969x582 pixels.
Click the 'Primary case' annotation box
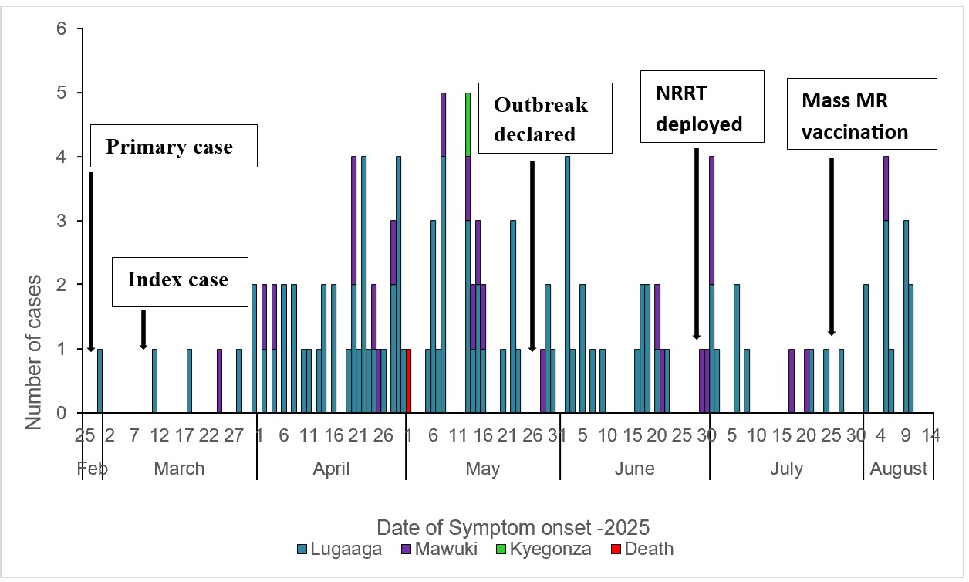(174, 147)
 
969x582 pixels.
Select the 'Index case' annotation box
(178, 279)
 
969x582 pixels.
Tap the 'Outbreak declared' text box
(545, 119)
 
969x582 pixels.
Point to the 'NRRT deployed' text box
(702, 107)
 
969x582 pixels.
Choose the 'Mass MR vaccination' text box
(862, 113)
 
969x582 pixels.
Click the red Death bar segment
(408, 381)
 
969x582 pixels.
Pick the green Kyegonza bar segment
(468, 124)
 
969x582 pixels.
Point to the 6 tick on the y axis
(62, 29)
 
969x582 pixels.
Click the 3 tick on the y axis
(62, 222)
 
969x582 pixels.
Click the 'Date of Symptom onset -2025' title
(513, 528)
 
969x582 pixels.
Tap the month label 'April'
(332, 469)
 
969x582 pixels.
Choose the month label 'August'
(899, 469)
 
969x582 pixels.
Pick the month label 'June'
(635, 469)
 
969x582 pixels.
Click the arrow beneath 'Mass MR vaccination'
(831, 247)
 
